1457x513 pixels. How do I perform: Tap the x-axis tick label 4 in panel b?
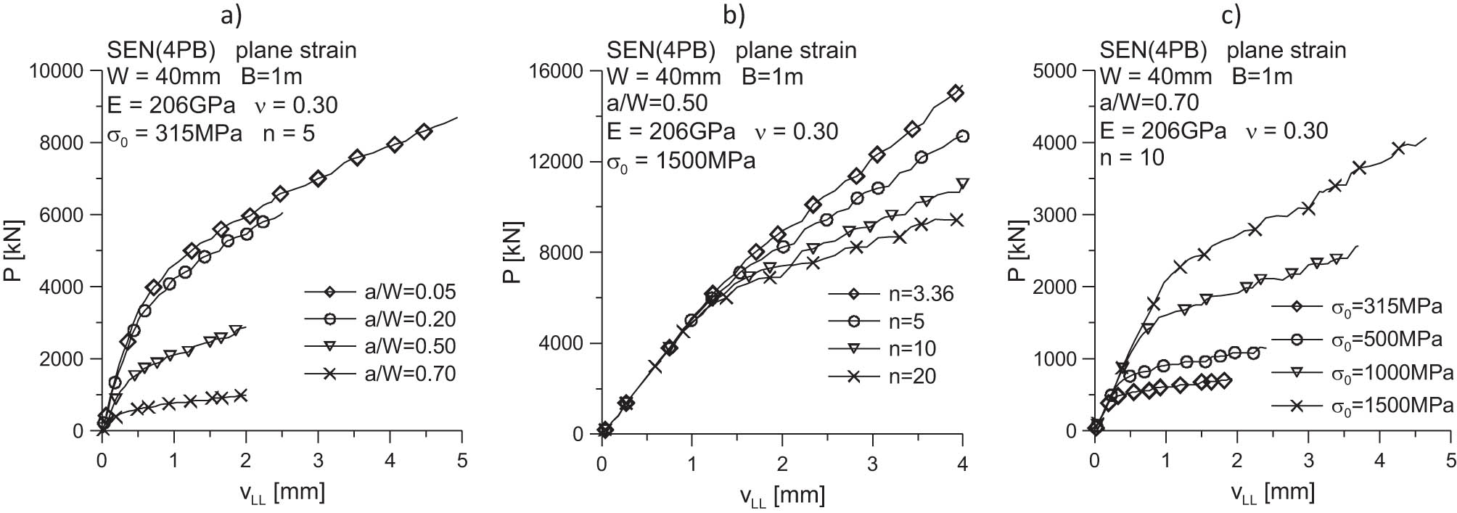pos(962,463)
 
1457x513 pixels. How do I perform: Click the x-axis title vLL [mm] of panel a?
pos(282,492)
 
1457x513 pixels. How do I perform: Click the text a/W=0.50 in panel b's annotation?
pos(657,103)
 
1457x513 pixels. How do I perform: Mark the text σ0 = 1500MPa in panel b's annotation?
pos(681,159)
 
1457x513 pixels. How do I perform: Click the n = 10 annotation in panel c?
pos(1132,157)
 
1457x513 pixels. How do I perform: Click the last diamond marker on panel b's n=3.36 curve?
pos(956,93)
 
